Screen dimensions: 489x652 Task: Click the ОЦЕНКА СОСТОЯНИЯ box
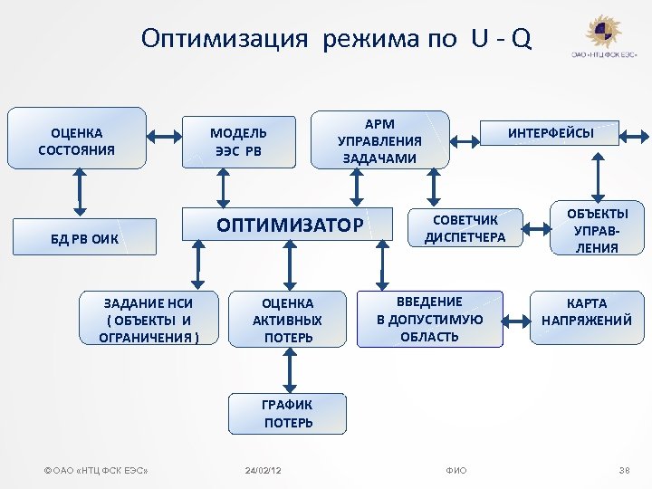[x=77, y=138]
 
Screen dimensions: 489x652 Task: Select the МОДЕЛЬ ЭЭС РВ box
[x=238, y=141]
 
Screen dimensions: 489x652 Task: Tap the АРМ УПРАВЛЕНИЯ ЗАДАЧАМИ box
[x=379, y=139]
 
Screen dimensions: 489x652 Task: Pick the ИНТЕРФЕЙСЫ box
[x=551, y=133]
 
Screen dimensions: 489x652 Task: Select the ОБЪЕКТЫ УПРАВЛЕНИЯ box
[x=598, y=229]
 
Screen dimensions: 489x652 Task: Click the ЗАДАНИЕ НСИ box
[x=148, y=319]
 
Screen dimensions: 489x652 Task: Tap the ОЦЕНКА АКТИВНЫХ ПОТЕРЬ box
[x=288, y=320]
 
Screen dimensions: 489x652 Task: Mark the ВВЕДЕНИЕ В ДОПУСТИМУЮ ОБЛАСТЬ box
[x=429, y=319]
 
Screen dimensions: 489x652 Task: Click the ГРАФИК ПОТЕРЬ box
[x=288, y=414]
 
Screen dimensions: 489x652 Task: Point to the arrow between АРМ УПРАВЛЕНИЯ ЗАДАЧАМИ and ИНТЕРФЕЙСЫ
[x=465, y=139]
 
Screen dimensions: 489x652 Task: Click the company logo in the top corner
[x=603, y=36]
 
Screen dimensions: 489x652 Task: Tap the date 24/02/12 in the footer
[x=264, y=471]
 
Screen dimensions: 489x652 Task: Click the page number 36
[x=623, y=471]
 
